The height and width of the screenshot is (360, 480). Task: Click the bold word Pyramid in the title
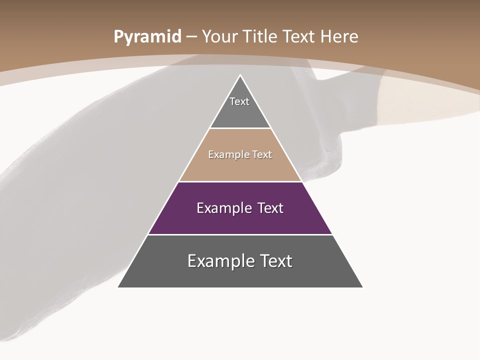pyautogui.click(x=147, y=37)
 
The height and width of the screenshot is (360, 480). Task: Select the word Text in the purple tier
pyautogui.click(x=270, y=208)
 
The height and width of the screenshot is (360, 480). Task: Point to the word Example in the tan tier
pyautogui.click(x=226, y=155)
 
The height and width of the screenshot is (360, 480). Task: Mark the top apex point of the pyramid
pyautogui.click(x=240, y=75)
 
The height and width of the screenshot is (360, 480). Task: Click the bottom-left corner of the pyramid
pyautogui.click(x=118, y=287)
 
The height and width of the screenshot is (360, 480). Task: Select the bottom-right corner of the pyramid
pyautogui.click(x=362, y=287)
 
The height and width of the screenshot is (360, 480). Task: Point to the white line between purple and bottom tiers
pyautogui.click(x=240, y=234)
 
